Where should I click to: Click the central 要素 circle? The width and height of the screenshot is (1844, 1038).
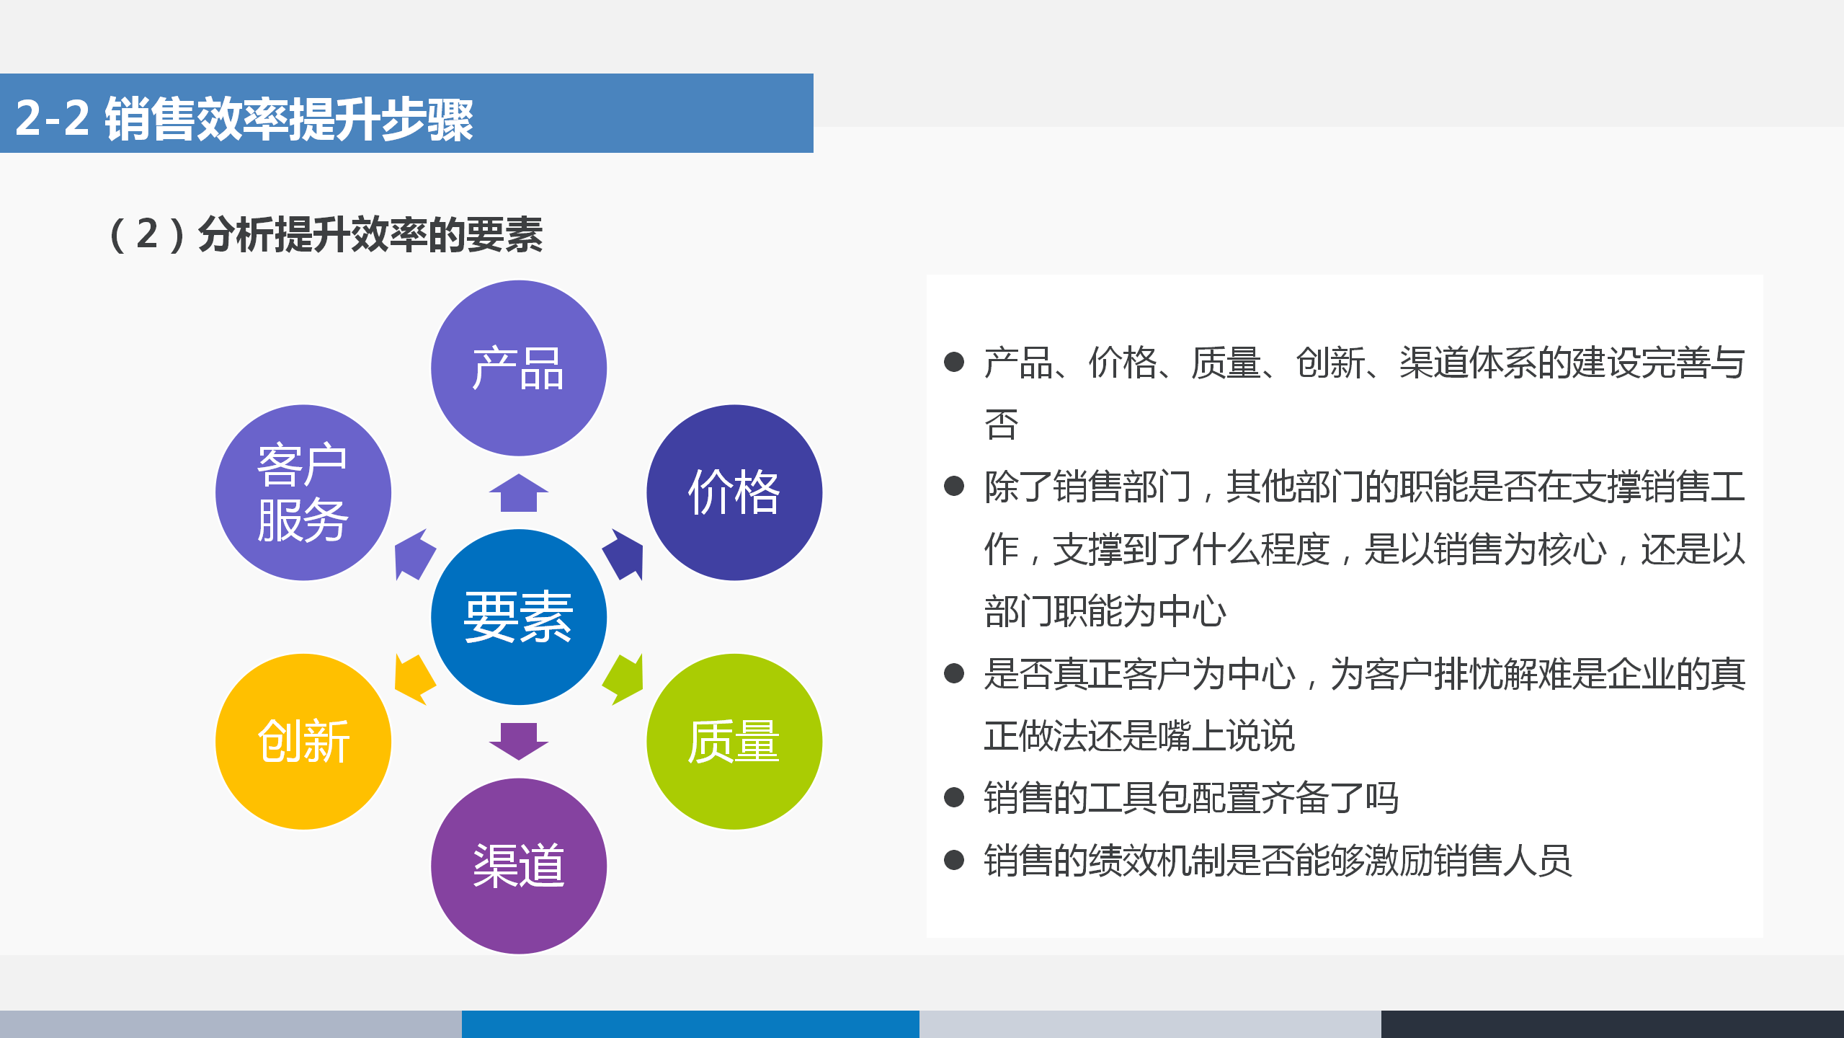pyautogui.click(x=518, y=617)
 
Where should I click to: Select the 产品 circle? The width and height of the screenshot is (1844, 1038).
pyautogui.click(x=518, y=368)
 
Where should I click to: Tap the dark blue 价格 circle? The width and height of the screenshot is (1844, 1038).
pyautogui.click(x=734, y=492)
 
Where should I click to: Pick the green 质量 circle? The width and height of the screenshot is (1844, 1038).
pyautogui.click(x=734, y=741)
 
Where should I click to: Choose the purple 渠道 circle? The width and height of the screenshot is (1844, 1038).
pyautogui.click(x=518, y=866)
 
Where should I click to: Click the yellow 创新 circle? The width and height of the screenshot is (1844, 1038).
pyautogui.click(x=303, y=741)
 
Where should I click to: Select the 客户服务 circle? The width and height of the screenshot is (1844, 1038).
pyautogui.click(x=303, y=492)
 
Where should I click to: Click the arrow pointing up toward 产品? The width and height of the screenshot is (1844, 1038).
pyautogui.click(x=518, y=494)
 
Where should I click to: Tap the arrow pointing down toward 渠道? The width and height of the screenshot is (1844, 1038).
pyautogui.click(x=518, y=740)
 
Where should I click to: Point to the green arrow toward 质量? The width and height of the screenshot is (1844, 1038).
pyautogui.click(x=625, y=679)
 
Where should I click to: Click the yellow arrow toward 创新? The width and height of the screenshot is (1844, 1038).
pyautogui.click(x=414, y=679)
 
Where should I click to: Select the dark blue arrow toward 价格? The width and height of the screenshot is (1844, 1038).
pyautogui.click(x=624, y=555)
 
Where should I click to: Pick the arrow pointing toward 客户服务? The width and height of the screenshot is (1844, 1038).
pyautogui.click(x=414, y=555)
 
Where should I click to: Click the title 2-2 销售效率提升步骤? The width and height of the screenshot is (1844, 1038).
pyautogui.click(x=244, y=118)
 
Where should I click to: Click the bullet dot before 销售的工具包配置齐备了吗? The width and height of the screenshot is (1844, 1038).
pyautogui.click(x=953, y=797)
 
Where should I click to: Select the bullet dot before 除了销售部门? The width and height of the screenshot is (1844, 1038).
pyautogui.click(x=953, y=486)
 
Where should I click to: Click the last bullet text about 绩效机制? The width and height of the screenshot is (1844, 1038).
pyautogui.click(x=1277, y=860)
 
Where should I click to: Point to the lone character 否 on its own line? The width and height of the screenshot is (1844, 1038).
pyautogui.click(x=1001, y=425)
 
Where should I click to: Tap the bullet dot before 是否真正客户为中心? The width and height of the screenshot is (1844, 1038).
pyautogui.click(x=953, y=673)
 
